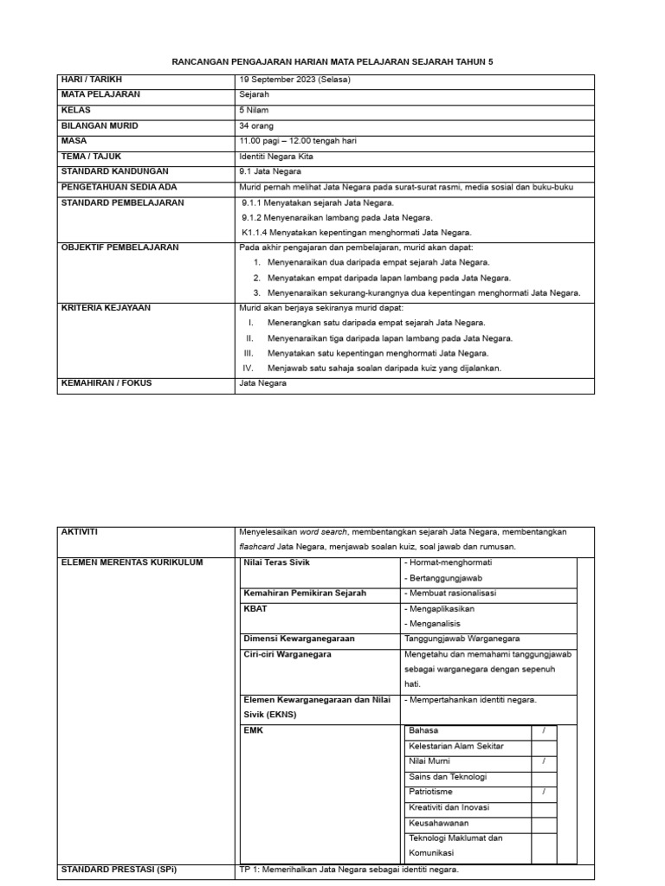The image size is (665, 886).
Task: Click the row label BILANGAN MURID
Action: point(100,126)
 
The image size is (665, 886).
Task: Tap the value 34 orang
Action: point(256,126)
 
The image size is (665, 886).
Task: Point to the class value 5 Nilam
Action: point(255,111)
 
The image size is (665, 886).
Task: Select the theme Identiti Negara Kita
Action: point(276,157)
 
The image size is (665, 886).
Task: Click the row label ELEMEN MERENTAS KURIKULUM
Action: point(131,562)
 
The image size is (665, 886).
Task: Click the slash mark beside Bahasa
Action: point(543,730)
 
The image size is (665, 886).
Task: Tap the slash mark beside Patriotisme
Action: point(543,792)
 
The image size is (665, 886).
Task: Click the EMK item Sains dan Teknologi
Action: point(447,776)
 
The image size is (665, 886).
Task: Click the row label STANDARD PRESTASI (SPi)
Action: point(118,869)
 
